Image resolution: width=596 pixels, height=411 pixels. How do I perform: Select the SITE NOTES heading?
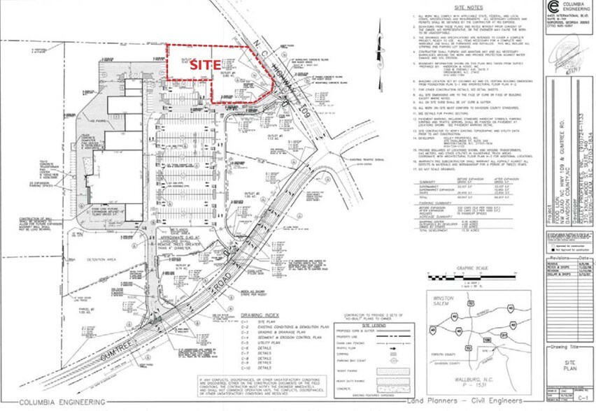[x=466, y=7]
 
